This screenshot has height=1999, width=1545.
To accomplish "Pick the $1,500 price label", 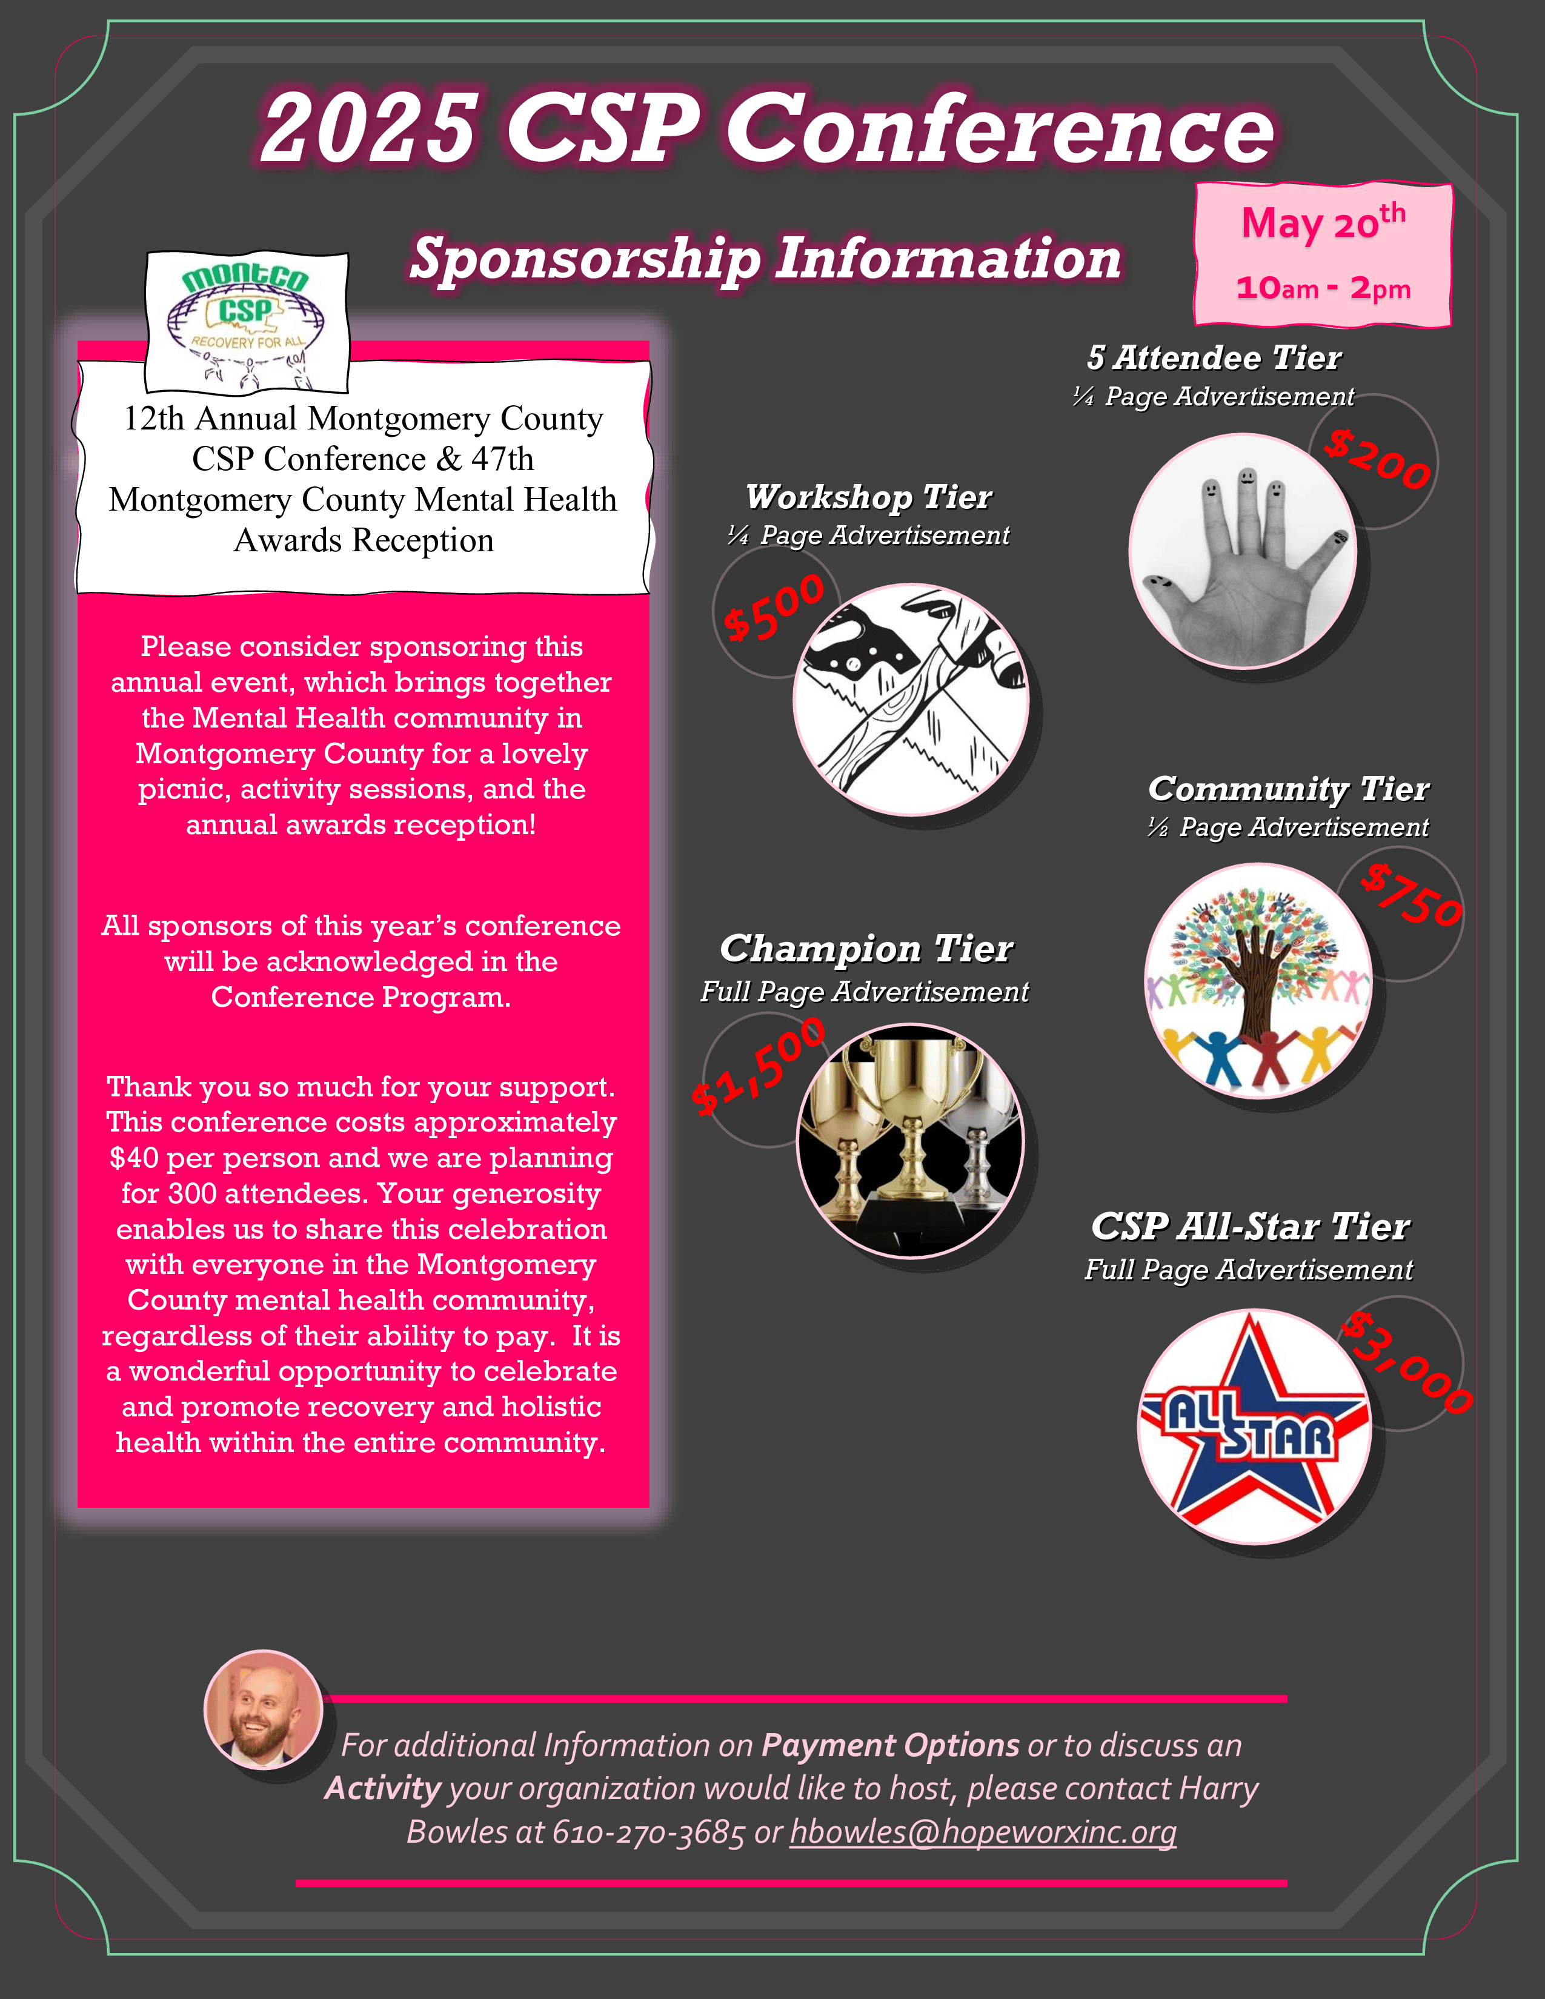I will (758, 1066).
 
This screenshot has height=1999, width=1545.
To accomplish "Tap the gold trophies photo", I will (911, 1141).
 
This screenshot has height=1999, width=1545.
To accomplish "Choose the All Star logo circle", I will (1254, 1426).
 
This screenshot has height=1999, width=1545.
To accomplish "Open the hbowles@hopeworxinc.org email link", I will (982, 1831).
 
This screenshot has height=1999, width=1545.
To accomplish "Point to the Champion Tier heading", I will (866, 948).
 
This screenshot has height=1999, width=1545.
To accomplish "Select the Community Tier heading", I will (1288, 788).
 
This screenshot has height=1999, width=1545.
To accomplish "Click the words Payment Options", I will (889, 1745).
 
